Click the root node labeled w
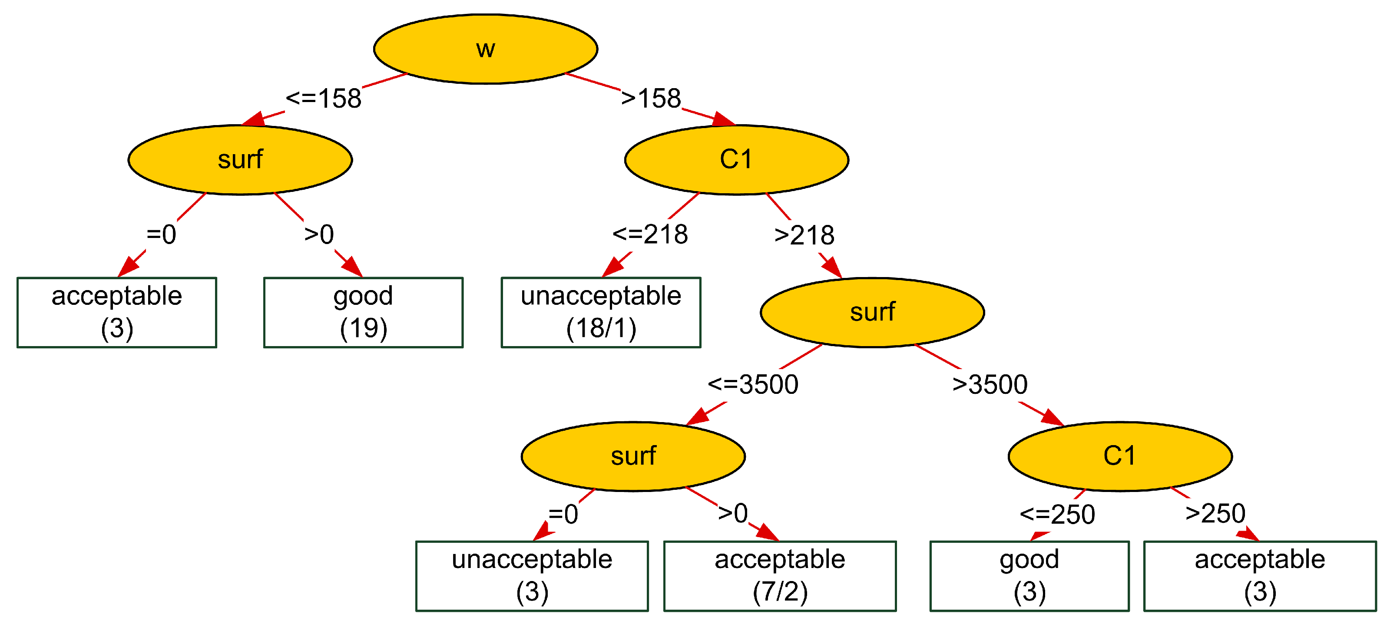(x=485, y=49)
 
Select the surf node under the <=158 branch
(x=240, y=159)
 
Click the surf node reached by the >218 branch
(x=872, y=312)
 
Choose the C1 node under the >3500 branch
(x=1119, y=456)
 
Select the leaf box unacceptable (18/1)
(x=600, y=312)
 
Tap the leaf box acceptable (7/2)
(x=779, y=575)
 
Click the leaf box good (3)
(x=1029, y=575)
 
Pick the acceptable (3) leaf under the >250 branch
(x=1259, y=575)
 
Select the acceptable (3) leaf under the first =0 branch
(x=116, y=312)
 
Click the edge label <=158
(x=323, y=99)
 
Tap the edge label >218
(x=804, y=235)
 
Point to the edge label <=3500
(x=752, y=384)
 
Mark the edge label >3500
(x=989, y=384)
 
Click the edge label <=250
(x=1057, y=514)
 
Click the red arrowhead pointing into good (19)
(x=353, y=267)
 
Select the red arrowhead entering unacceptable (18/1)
(x=612, y=267)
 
